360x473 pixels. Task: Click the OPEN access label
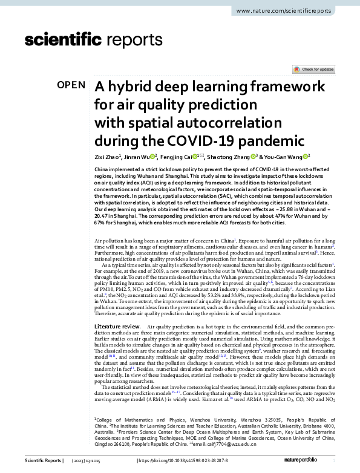click(x=71, y=85)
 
